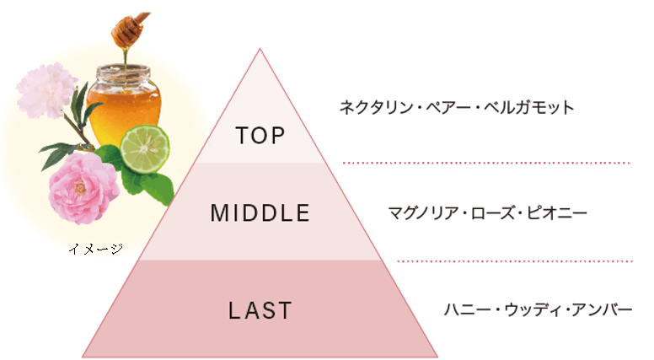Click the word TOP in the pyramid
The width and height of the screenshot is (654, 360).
pyautogui.click(x=260, y=135)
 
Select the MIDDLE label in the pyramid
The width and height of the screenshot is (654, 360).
pyautogui.click(x=260, y=213)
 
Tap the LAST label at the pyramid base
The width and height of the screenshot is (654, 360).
pyautogui.click(x=260, y=310)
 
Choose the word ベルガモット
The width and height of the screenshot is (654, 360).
pyautogui.click(x=530, y=108)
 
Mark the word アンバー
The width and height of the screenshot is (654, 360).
pyautogui.click(x=603, y=309)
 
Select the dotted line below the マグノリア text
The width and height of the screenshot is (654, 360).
pyautogui.click(x=515, y=261)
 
